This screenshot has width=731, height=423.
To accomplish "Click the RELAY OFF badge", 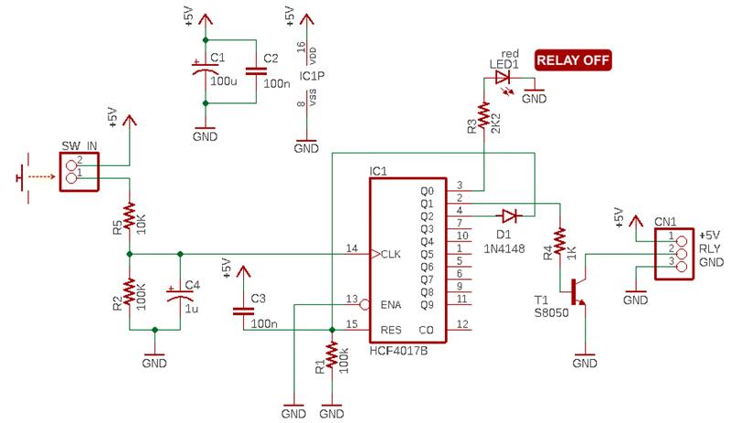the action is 573,60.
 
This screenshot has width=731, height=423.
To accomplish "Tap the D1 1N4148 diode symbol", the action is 509,216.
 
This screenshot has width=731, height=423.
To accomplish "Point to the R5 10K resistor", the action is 130,217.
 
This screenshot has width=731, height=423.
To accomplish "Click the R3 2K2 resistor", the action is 484,115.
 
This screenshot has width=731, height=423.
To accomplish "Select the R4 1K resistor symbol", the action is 559,241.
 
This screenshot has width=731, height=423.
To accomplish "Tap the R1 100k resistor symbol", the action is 332,354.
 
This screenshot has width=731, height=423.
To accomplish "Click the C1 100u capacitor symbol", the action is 205,71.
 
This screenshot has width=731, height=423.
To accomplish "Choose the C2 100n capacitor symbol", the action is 256,71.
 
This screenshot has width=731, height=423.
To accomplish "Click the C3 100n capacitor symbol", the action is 243,311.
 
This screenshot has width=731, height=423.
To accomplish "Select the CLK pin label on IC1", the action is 391,254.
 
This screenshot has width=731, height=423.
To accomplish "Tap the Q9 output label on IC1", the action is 427,304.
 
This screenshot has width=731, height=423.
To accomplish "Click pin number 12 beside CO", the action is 462,323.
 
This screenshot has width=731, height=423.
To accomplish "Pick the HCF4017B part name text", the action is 398,350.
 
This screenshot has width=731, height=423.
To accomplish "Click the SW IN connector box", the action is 79,172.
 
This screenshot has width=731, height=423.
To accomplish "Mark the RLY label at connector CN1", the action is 710,249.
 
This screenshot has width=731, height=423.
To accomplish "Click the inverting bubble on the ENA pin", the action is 365,305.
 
